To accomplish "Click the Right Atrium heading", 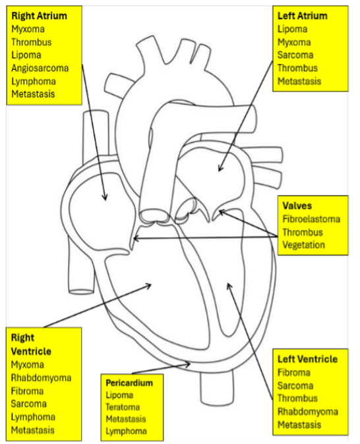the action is [x=39, y=16].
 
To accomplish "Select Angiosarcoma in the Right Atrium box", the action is [x=40, y=69].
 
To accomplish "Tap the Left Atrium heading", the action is [x=303, y=16].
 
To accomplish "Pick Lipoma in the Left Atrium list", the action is [x=292, y=29].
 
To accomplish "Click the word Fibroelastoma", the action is [x=311, y=219].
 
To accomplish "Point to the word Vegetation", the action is [x=303, y=245].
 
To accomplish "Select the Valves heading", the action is [x=297, y=206].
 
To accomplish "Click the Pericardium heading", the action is [x=129, y=383].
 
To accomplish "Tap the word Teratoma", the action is [x=123, y=407].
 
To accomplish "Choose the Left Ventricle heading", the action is [x=307, y=359].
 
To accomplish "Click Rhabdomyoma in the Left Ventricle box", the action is [x=308, y=412].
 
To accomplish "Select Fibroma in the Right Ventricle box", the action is [x=27, y=391].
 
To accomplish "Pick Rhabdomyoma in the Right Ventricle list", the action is [x=41, y=377].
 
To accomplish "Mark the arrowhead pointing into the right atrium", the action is [x=105, y=197].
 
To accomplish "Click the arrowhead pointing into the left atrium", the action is [x=220, y=168].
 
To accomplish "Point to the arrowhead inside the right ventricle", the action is [x=148, y=286].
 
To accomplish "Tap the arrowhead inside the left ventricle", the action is [x=229, y=286].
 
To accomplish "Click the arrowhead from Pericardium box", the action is [x=187, y=364].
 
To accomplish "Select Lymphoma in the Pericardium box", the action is [x=126, y=431].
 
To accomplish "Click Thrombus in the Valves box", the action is [x=303, y=232].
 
